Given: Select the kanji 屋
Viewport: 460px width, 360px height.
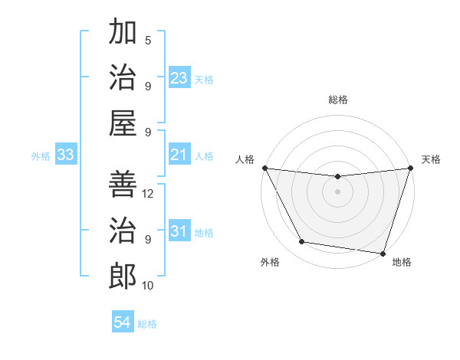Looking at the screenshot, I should click(123, 123).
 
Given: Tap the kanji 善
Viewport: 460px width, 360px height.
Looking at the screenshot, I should click(123, 185).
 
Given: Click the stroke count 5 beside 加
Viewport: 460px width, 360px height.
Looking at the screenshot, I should click(148, 41).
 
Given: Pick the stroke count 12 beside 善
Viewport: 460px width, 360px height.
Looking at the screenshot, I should click(149, 194).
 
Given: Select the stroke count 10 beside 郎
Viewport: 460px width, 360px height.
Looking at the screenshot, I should click(149, 286).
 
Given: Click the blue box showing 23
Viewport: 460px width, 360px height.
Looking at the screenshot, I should click(179, 78).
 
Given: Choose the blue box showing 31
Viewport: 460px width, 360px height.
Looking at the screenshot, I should click(179, 231).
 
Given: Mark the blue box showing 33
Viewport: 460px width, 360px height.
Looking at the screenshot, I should click(65, 155).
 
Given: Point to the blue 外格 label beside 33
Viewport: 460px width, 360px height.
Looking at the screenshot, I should click(41, 156).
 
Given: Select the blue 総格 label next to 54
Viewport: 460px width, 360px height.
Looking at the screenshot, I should click(147, 324).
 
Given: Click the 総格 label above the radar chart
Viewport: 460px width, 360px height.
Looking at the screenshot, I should click(337, 100).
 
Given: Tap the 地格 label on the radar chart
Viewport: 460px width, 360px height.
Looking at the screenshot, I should click(402, 262).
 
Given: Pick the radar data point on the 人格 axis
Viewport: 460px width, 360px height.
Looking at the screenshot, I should click(264, 168).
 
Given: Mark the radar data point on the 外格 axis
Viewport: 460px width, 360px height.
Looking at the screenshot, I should click(302, 242).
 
